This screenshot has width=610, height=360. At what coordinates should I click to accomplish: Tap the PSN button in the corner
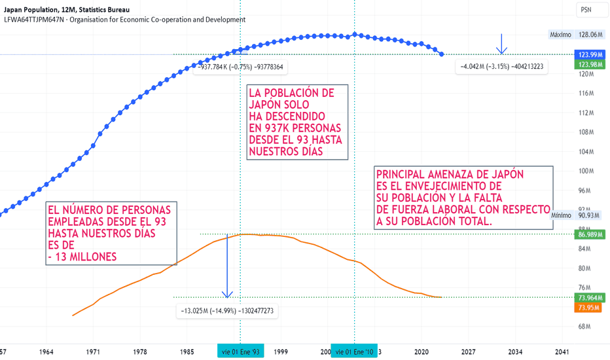pyautogui.click(x=586, y=10)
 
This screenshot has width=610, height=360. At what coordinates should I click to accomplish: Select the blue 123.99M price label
pyautogui.click(x=590, y=54)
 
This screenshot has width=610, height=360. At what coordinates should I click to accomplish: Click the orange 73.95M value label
pyautogui.click(x=589, y=308)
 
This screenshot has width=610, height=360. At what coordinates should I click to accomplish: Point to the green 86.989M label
pyautogui.click(x=590, y=234)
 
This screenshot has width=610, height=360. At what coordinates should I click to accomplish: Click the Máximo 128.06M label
pyautogui.click(x=576, y=35)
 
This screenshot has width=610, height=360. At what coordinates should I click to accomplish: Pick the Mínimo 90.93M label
pyautogui.click(x=576, y=215)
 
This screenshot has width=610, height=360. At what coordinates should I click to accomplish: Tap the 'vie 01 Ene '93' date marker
pyautogui.click(x=240, y=352)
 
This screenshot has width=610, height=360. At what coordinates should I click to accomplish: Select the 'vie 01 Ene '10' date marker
pyautogui.click(x=354, y=352)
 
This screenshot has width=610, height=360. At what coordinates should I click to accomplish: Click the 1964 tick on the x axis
pyautogui.click(x=46, y=352)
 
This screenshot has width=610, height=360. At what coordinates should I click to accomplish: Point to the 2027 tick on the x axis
pyautogui.click(x=469, y=352)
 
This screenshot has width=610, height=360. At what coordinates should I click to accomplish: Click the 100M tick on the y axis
pyautogui.click(x=586, y=171)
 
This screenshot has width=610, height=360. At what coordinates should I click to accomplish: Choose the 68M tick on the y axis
pyautogui.click(x=584, y=326)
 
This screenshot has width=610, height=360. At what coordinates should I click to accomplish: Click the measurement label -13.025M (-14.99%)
pyautogui.click(x=227, y=311)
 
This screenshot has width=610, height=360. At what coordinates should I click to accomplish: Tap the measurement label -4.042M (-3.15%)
pyautogui.click(x=502, y=67)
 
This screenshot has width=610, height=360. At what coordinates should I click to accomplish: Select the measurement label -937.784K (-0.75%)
pyautogui.click(x=240, y=67)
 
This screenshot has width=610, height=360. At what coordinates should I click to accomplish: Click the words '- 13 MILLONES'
pyautogui.click(x=82, y=257)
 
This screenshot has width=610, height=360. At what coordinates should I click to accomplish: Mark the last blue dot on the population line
pyautogui.click(x=442, y=54)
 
